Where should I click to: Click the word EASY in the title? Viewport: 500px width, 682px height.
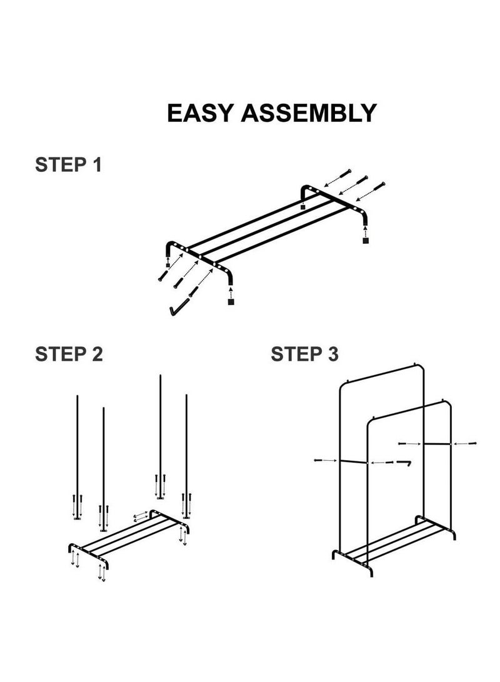(200, 113)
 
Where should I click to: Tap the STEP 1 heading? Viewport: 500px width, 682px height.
(68, 166)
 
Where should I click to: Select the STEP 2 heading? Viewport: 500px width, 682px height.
(69, 354)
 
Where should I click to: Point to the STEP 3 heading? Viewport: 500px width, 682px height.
(304, 354)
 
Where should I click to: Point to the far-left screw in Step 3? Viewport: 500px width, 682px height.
(324, 460)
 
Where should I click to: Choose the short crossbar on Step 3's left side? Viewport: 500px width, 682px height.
(353, 462)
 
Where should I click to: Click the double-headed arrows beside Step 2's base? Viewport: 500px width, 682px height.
(140, 516)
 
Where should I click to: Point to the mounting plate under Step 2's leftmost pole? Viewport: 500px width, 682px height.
(77, 518)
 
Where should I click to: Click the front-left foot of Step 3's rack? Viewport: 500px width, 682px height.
(335, 555)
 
